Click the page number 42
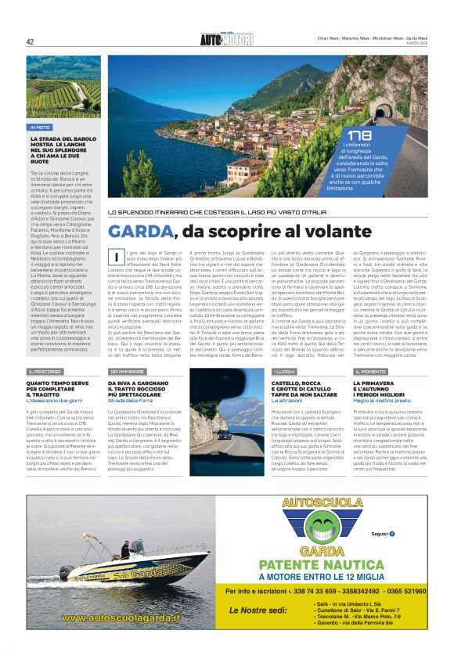30,42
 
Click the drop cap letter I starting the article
115,257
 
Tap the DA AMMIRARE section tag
126,371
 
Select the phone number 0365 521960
403,591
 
